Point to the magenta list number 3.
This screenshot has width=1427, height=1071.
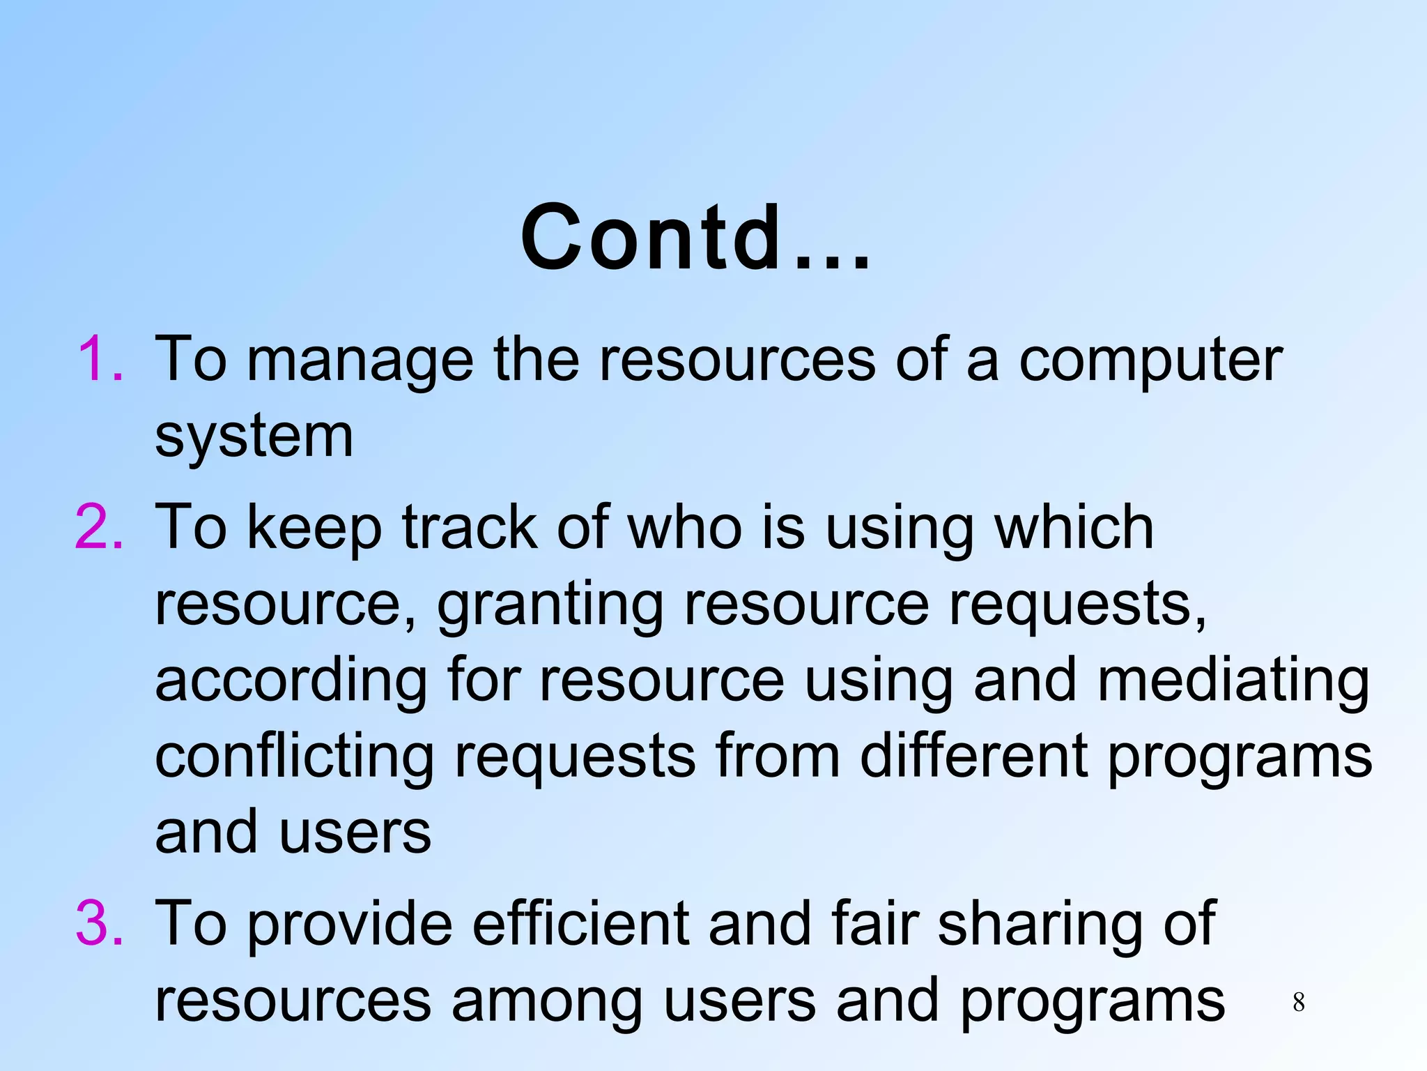(x=100, y=924)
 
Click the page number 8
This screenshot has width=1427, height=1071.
(x=1298, y=1003)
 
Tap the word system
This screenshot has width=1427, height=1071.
(x=254, y=438)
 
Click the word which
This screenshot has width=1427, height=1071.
(x=1074, y=528)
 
